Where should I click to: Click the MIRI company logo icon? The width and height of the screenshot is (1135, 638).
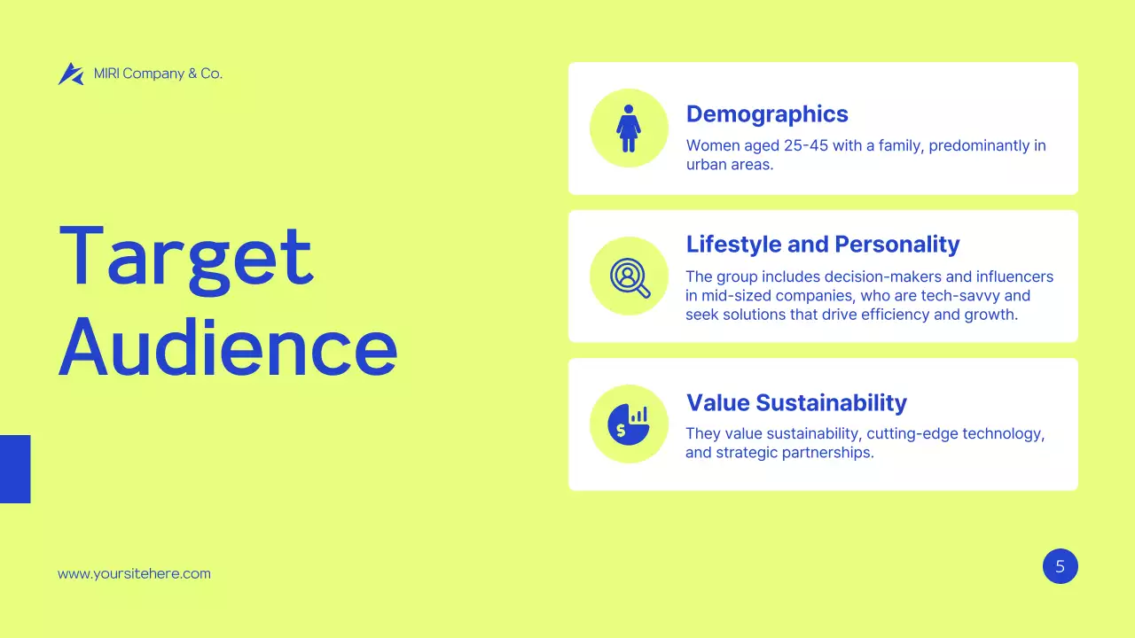[x=70, y=74]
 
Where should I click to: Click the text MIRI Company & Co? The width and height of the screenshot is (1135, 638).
[x=158, y=74]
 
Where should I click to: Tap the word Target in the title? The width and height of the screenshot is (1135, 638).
[x=186, y=257]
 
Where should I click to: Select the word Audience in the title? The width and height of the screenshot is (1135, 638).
[x=228, y=347]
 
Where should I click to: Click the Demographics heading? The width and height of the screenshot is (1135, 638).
[x=767, y=114]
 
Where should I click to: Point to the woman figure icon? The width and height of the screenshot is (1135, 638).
[x=629, y=128]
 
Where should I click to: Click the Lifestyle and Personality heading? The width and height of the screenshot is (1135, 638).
[x=823, y=245]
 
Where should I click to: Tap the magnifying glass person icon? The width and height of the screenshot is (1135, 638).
[x=630, y=276]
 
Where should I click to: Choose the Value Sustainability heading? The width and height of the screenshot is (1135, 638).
[x=796, y=403]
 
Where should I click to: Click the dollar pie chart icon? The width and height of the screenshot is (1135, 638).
[x=629, y=424]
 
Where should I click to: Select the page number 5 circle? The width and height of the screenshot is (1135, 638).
[x=1060, y=566]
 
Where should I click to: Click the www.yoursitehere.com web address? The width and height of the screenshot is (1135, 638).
[x=134, y=573]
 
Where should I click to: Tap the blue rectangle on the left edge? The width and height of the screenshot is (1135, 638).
[x=15, y=469]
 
